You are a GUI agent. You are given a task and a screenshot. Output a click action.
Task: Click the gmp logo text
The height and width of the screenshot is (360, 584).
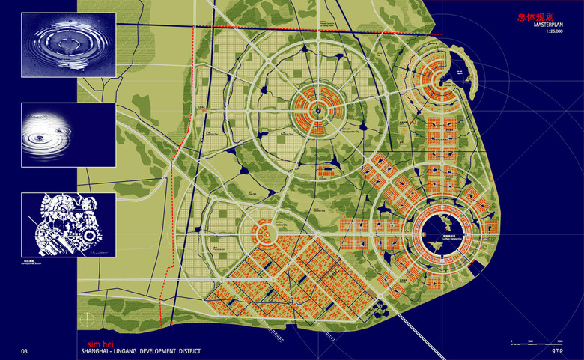click(557, 350)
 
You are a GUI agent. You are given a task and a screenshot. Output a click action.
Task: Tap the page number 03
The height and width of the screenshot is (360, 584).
click(25, 350)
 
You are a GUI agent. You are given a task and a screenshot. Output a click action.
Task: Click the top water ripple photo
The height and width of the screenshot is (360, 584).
click(69, 45)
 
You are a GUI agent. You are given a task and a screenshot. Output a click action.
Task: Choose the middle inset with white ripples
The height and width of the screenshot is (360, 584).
click(69, 135)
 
